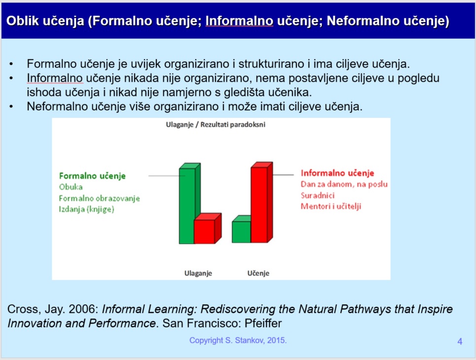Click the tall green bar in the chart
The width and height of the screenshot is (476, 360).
pos(189,203)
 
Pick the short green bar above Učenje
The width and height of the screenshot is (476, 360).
pos(241,229)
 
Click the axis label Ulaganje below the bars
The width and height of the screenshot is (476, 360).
pos(198,273)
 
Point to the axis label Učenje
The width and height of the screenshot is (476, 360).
pos(258,273)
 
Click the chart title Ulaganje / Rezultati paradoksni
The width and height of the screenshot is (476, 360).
pos(216,124)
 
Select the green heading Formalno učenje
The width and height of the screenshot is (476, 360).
pos(92,176)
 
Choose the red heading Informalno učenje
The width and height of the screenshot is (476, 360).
pos(337,173)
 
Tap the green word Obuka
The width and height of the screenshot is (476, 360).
pos(71,187)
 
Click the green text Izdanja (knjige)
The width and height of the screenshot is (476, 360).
pos(86,209)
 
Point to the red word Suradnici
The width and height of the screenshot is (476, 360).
pos(318,195)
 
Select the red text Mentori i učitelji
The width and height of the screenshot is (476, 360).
pos(331,207)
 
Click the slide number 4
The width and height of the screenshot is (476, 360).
pos(460,341)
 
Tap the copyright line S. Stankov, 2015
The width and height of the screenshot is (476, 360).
pos(238,340)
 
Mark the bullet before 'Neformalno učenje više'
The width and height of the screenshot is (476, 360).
pos(11,107)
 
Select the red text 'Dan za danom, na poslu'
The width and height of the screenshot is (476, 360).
pos(344,184)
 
